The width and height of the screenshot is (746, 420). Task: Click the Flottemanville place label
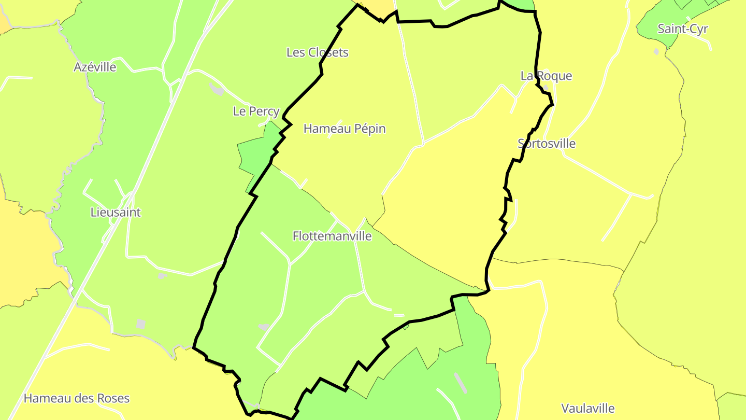point(332,236)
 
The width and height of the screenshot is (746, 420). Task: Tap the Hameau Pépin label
point(345,129)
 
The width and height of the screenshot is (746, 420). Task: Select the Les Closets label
point(318,52)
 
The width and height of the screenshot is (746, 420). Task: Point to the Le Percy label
point(256,111)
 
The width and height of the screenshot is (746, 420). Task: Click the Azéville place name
point(95,67)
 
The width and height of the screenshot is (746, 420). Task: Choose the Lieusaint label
point(116,212)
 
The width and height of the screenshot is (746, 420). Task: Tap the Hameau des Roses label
point(77,398)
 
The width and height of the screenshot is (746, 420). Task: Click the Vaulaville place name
point(588,408)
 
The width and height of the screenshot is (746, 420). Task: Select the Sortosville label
point(547,144)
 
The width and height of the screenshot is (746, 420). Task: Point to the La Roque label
point(547,76)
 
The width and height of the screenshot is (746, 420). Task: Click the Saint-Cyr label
point(683,29)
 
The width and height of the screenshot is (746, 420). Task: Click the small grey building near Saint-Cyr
point(656,51)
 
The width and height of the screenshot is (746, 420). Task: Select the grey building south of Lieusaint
point(140,324)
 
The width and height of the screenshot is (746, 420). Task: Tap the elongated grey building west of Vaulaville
point(460,383)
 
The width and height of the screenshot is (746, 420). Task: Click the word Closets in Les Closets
point(328,52)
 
